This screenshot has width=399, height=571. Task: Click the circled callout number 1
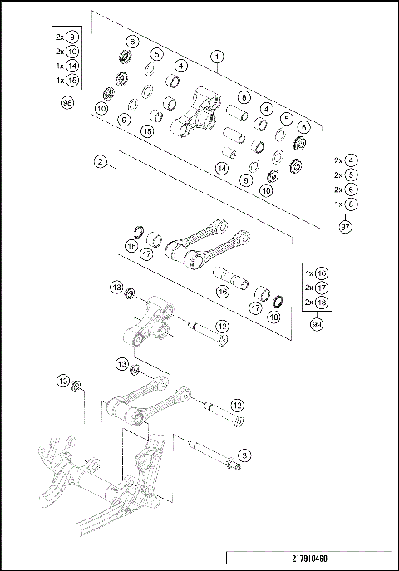point(217,57)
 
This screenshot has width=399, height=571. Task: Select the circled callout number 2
point(100,161)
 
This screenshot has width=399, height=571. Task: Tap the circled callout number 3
point(244,455)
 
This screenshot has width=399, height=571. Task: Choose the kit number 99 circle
point(316,326)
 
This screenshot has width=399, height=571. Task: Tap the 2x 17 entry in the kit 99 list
point(315,287)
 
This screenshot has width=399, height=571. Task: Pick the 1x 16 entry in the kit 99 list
point(315,273)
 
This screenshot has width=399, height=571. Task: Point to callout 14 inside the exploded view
point(221,169)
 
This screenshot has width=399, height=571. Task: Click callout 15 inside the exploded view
point(147,131)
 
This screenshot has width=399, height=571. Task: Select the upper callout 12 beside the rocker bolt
point(222,327)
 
